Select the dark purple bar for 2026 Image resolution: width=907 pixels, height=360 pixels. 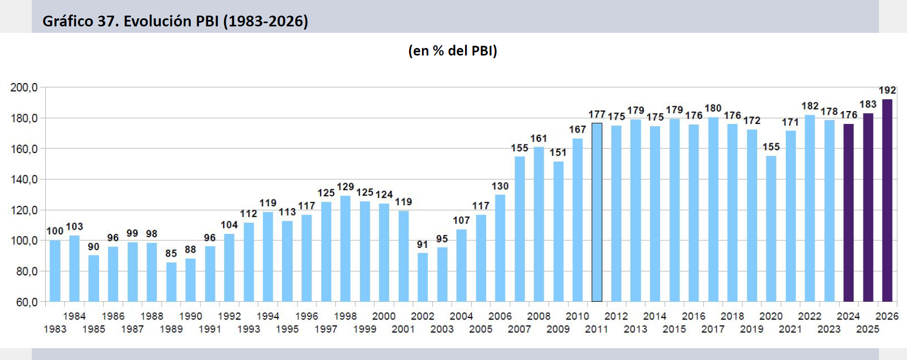pos(887,200)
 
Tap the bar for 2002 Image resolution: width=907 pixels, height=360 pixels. pos(423,277)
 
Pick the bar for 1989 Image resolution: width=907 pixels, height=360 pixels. pos(171,282)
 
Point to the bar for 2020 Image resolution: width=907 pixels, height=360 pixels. pos(771,229)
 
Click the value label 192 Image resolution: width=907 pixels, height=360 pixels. pos(887,90)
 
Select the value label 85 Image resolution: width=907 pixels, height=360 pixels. pos(171,253)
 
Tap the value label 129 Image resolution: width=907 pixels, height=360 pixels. pos(345,187)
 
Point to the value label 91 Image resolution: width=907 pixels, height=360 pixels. pos(423,245)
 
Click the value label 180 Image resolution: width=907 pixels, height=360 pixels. pos(713,108)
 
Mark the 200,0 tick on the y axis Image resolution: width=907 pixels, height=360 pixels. pos(24,87)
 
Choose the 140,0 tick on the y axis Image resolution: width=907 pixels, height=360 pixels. pos(24,179)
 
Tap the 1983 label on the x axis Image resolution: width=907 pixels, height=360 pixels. pos(55,329)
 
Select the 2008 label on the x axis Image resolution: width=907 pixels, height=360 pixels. pos(538,316)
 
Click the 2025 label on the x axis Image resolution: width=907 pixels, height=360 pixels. pos(868,329)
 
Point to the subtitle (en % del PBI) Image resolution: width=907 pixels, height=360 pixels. pos(453,51)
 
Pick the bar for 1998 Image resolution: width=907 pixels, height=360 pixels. pos(345,248)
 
